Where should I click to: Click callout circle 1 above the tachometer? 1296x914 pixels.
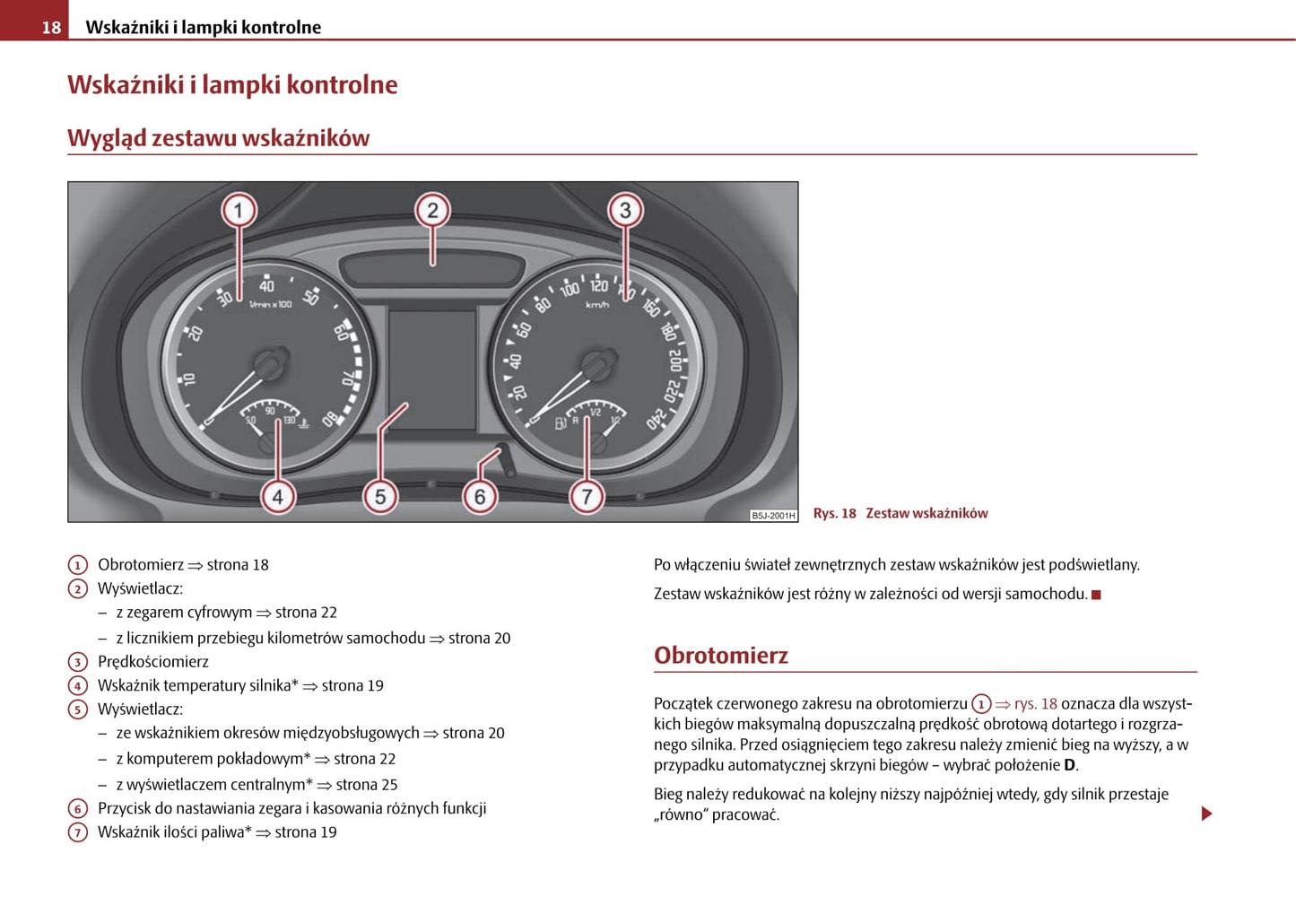(239, 211)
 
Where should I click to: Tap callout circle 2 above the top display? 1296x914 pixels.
(432, 211)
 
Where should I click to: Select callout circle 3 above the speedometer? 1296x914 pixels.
(625, 211)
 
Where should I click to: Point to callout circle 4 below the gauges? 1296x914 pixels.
(277, 497)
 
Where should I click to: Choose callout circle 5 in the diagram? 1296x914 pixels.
(380, 497)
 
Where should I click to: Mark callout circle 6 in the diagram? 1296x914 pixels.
(480, 497)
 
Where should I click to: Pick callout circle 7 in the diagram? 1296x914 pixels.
(587, 497)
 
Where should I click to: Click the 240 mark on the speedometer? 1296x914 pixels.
(657, 418)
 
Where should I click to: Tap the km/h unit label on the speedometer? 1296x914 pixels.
(597, 306)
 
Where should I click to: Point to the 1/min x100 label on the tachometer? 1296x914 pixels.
(270, 305)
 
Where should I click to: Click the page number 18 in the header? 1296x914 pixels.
(51, 28)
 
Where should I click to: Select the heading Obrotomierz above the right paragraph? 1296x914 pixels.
(721, 656)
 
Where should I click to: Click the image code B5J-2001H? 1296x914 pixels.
(773, 516)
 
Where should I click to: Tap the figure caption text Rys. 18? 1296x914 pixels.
(834, 514)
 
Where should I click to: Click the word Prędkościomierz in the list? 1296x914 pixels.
(153, 662)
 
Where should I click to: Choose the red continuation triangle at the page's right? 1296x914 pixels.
(1207, 814)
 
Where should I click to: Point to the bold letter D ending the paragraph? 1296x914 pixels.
(1069, 765)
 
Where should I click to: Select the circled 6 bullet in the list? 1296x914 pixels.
(78, 809)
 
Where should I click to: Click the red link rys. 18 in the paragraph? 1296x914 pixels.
(1036, 704)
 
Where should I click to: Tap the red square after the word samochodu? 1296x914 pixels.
(1096, 595)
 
